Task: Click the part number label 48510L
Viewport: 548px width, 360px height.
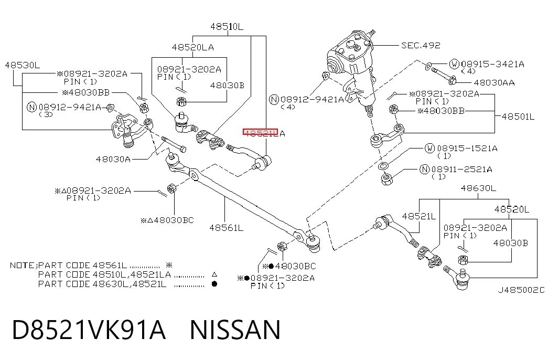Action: pos(227,27)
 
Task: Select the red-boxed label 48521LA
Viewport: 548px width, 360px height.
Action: pos(264,133)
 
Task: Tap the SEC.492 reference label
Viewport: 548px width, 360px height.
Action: pos(421,46)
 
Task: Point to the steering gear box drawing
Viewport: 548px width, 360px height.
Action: pos(353,68)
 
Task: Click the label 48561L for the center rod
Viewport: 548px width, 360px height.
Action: pos(226,228)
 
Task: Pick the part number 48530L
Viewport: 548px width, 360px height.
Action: pos(23,66)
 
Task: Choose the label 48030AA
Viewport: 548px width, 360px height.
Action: pos(494,83)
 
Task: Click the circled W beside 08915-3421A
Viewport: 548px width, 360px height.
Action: pos(454,64)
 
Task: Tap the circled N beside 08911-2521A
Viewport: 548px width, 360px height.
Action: pos(424,170)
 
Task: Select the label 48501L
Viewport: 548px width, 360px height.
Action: pos(518,117)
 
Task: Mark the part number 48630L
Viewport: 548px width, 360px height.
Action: pos(478,188)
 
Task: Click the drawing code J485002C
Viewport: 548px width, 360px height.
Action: pos(521,290)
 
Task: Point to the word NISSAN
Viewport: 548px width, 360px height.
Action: pos(235,330)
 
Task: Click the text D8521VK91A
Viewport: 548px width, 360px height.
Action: pos(89,330)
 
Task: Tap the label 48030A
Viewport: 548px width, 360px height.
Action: pos(113,160)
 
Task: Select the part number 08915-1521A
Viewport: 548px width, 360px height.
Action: pos(467,149)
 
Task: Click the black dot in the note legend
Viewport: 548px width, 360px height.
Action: pos(214,284)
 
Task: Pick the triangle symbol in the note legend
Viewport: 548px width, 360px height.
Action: pos(214,274)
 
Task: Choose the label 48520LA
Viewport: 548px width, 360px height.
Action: pos(192,48)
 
